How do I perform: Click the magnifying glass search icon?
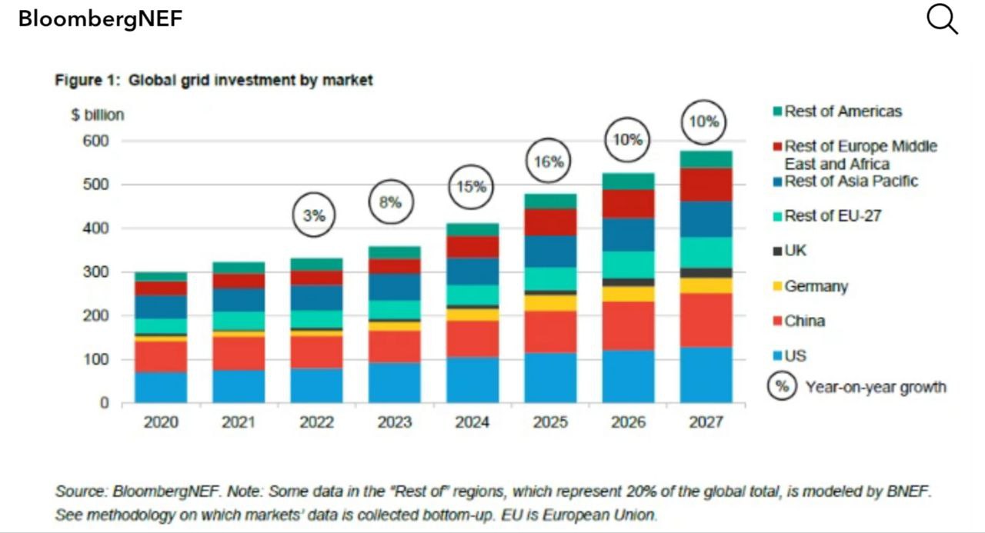[941, 19]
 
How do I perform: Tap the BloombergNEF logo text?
[100, 19]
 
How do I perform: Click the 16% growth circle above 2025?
[549, 162]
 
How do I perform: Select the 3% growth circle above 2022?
[313, 216]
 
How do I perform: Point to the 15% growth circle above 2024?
[471, 186]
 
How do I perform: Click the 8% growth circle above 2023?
[390, 202]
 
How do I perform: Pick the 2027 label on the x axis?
[706, 422]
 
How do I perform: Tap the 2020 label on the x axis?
[161, 422]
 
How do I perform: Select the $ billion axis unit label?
[97, 115]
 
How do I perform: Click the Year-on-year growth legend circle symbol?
[781, 387]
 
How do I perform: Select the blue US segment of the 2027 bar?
[706, 375]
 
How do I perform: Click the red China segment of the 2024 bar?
[472, 338]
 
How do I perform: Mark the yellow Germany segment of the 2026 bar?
[628, 294]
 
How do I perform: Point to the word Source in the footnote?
[80, 491]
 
